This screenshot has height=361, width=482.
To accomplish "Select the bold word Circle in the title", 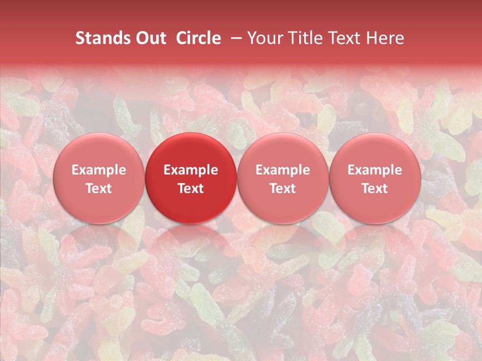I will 198,38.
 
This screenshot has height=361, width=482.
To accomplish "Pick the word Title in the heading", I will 303,38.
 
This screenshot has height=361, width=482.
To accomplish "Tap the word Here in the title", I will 386,38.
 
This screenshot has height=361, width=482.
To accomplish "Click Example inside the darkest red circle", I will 191,170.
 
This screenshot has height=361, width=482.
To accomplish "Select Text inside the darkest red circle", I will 191,189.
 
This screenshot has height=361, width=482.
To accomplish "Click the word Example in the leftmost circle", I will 99,170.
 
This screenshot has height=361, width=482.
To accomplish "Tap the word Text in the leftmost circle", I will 99,189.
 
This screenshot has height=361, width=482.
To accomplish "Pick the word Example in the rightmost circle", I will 375,170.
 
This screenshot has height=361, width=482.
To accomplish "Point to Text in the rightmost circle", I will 375,189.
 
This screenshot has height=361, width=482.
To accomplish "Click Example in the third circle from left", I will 283,170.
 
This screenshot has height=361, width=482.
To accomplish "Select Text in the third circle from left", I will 283,189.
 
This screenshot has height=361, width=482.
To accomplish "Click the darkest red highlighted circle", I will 191,150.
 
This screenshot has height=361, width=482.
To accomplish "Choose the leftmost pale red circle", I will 99,150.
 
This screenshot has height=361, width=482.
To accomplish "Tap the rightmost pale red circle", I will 375,150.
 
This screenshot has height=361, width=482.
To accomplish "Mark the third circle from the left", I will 283,150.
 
